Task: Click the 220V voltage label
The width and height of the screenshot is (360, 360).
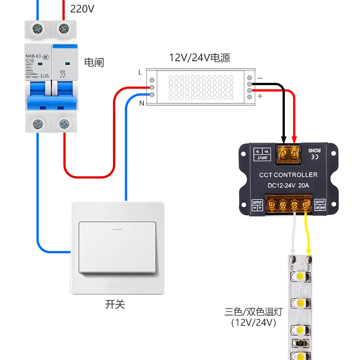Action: [x=82, y=9]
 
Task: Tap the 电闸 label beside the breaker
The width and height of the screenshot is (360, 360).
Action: [x=94, y=63]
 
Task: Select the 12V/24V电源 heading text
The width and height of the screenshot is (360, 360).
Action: [x=199, y=58]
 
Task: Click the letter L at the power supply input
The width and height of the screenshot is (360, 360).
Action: [x=140, y=72]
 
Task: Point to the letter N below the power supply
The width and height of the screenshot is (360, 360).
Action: [x=141, y=103]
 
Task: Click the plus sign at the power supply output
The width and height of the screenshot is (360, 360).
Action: [x=260, y=96]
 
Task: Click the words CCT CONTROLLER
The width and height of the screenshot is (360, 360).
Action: [x=288, y=175]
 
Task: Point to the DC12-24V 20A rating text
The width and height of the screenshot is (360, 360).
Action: [x=288, y=185]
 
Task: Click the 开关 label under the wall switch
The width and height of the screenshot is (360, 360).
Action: [x=115, y=305]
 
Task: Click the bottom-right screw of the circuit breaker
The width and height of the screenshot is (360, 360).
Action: [x=64, y=122]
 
